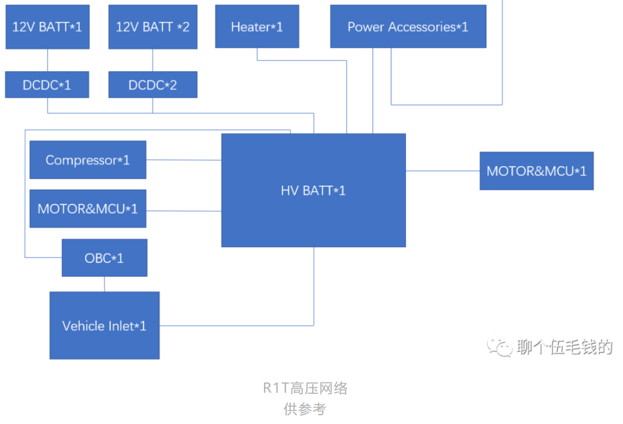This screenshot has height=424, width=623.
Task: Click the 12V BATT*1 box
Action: (48, 27)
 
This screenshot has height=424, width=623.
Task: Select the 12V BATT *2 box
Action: (153, 27)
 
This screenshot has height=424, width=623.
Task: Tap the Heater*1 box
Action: (257, 26)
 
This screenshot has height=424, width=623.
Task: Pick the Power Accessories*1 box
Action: (408, 26)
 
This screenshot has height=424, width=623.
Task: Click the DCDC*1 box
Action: (47, 85)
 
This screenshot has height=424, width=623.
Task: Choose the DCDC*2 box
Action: (153, 85)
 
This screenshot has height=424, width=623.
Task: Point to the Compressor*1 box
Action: (87, 160)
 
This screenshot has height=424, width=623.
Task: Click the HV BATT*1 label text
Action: (313, 190)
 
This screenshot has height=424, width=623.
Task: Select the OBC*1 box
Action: (104, 258)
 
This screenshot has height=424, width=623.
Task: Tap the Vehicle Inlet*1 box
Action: (104, 325)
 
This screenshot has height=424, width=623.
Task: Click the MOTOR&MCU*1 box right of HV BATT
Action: (536, 170)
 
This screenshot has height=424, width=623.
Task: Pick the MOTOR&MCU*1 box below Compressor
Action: (87, 208)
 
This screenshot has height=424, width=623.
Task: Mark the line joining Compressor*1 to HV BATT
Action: (184, 160)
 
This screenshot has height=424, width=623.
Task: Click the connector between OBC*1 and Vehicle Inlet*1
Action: (105, 284)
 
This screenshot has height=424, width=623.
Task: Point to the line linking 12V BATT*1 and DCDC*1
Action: (48, 60)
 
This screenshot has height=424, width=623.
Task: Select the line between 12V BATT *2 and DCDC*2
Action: (153, 60)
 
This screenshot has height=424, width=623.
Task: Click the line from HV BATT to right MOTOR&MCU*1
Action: (443, 170)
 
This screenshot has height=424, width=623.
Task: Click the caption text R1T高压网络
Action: (305, 388)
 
